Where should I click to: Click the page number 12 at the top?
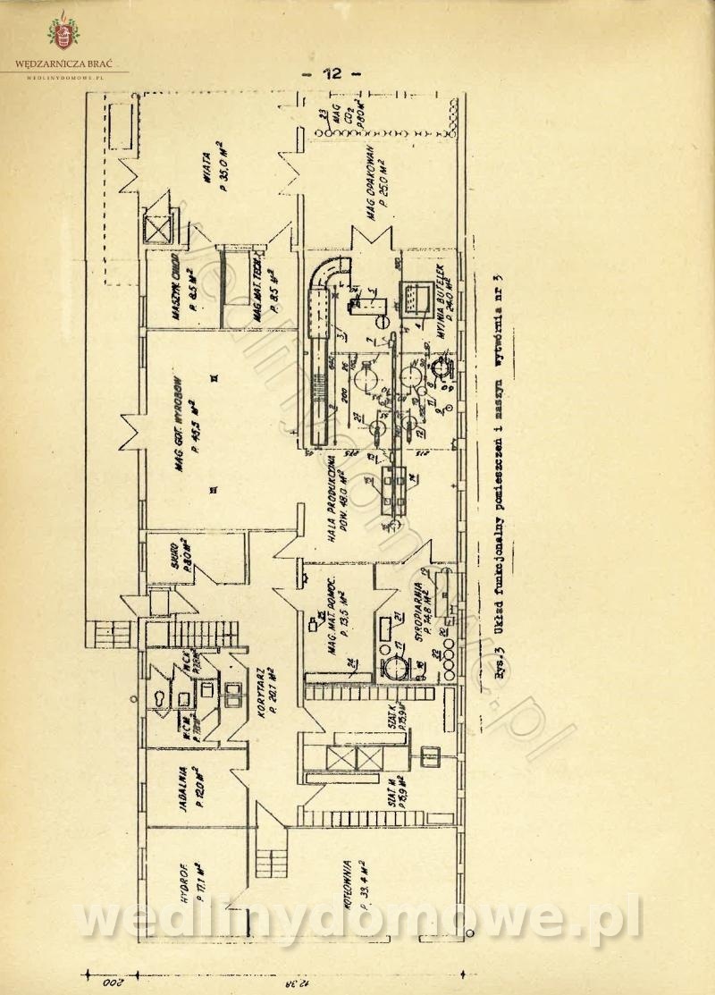click(331, 75)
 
